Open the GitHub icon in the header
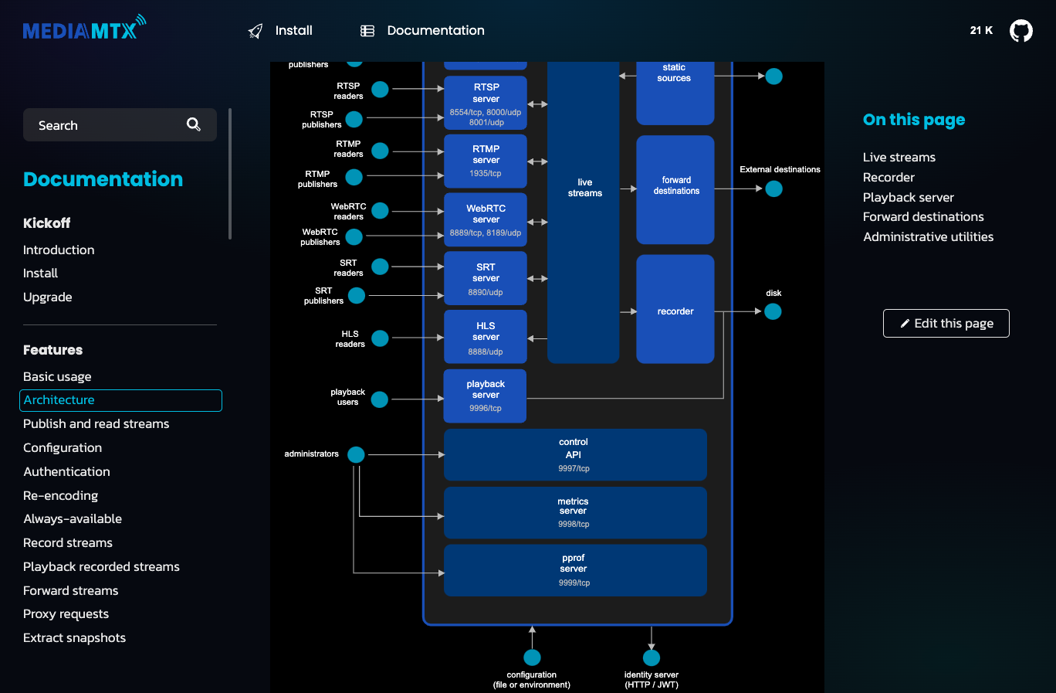tap(1020, 31)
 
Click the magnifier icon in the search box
tap(193, 124)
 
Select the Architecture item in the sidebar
tap(120, 400)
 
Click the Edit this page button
tap(946, 323)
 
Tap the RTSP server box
tap(486, 103)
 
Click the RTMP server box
tap(486, 161)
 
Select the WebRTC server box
tap(486, 220)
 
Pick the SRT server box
tap(486, 278)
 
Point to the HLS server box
tap(486, 337)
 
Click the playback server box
tap(485, 396)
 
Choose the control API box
tap(575, 455)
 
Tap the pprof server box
tap(575, 570)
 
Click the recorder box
tap(675, 309)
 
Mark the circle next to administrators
tap(356, 454)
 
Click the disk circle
tap(773, 311)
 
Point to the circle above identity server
tap(652, 657)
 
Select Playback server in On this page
tap(908, 197)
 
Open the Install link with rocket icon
tap(280, 31)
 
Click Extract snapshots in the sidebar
tap(74, 638)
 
